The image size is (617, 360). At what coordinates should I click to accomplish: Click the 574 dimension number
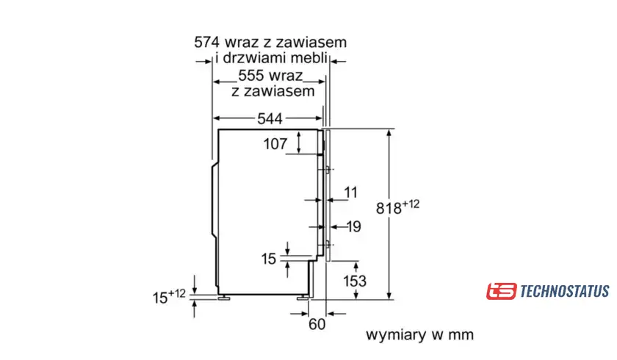coord(208,42)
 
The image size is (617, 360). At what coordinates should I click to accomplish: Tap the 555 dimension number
coord(252,76)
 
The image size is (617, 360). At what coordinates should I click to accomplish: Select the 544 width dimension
coord(269,118)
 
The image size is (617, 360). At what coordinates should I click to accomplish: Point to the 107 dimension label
coord(275,144)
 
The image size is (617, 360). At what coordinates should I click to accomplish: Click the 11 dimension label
coord(350,192)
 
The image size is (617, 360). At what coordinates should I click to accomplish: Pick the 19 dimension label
coord(353,227)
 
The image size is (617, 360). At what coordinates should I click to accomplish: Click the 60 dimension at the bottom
coord(317,324)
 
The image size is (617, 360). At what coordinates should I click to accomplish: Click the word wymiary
coord(397,335)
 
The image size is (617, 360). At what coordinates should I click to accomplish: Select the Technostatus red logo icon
coord(501,291)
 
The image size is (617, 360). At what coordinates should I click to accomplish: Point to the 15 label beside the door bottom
coord(269,259)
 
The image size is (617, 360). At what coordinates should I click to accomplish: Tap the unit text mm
coord(461,335)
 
